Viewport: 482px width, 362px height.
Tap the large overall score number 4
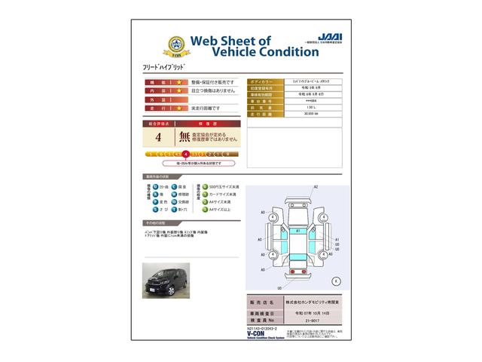(x=158, y=137)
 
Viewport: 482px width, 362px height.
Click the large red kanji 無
(x=185, y=137)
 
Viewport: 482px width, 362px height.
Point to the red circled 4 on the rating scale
(x=185, y=153)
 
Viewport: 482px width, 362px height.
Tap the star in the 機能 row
(x=179, y=81)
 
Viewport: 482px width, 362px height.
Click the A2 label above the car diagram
(x=316, y=186)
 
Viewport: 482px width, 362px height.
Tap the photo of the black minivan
(x=166, y=279)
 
